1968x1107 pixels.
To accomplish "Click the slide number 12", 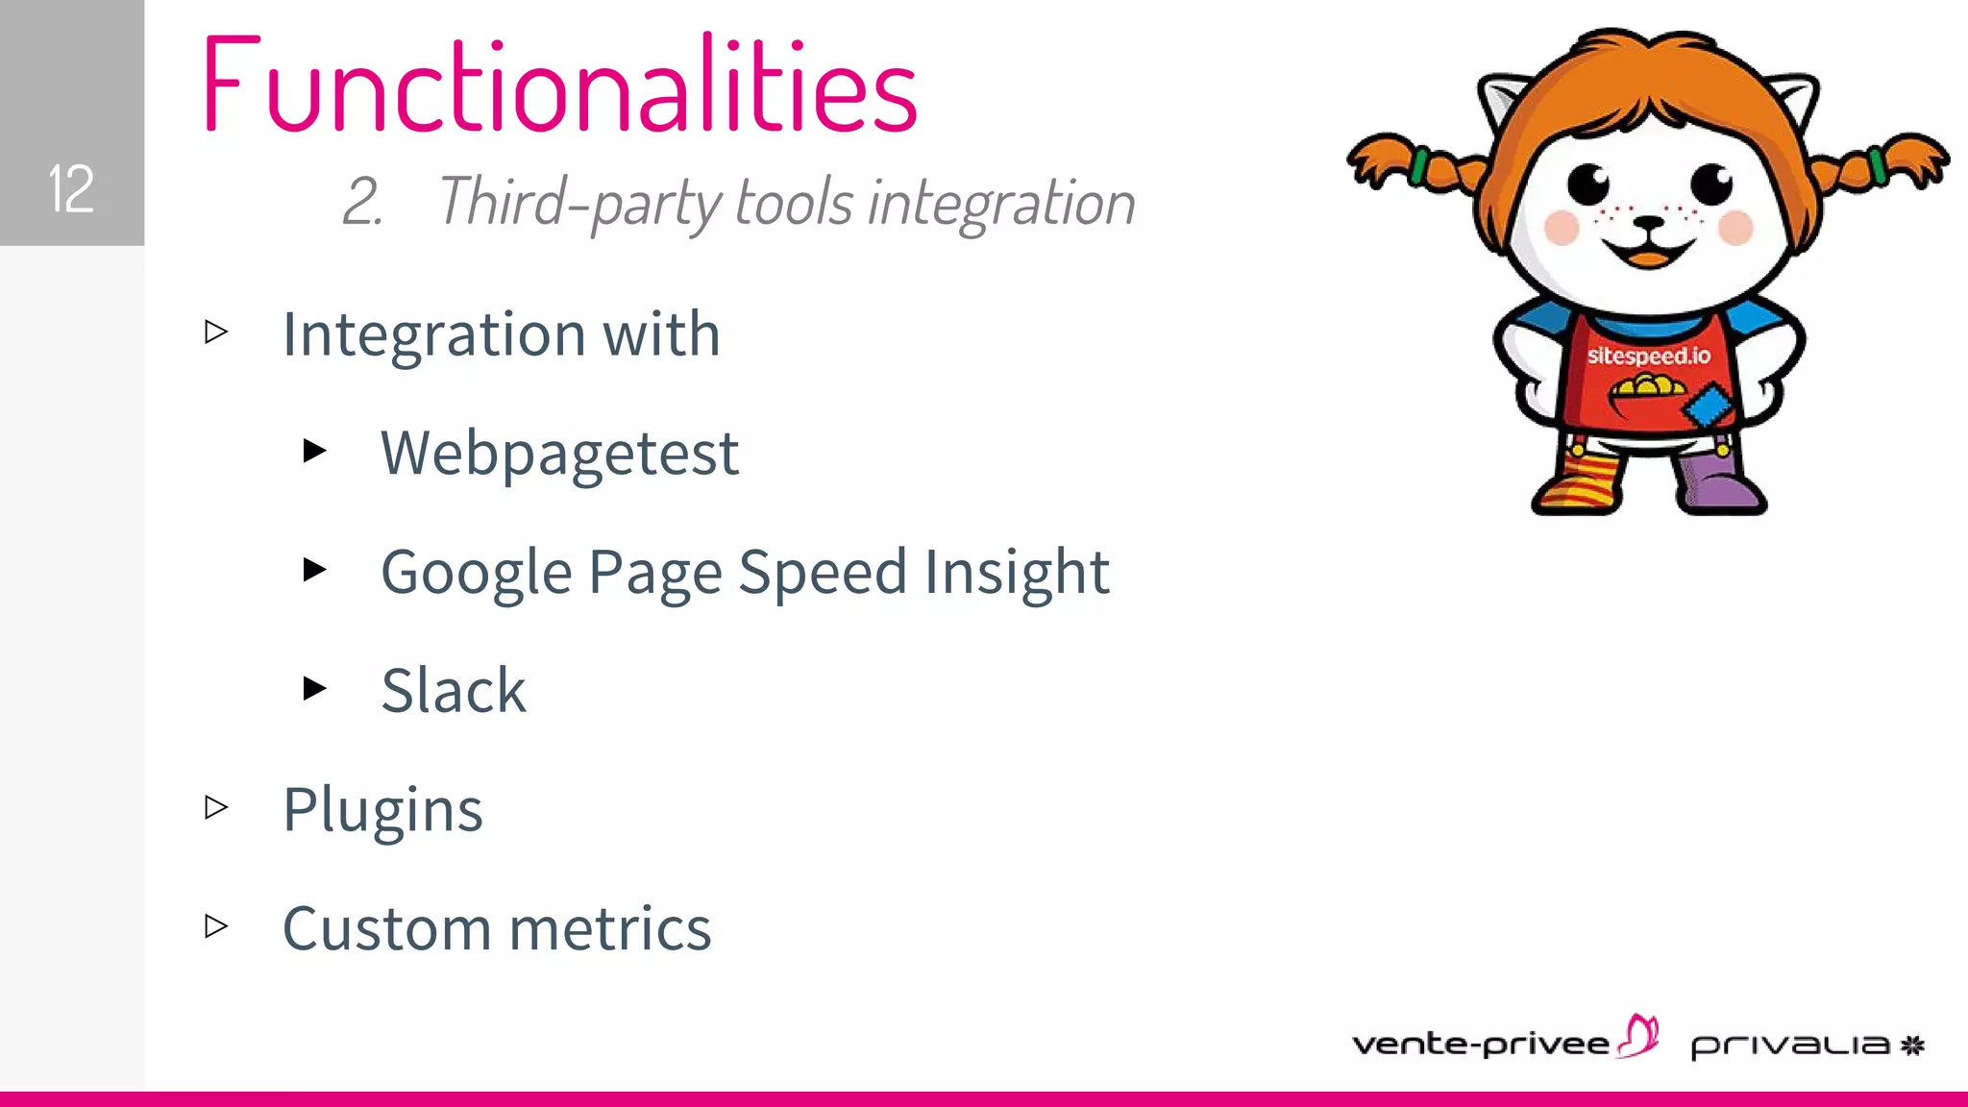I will pyautogui.click(x=71, y=188).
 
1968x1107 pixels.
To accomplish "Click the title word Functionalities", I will pyautogui.click(x=560, y=85).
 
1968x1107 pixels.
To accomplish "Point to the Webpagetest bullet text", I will pyautogui.click(x=559, y=454).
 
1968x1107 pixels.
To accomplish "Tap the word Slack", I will pyautogui.click(x=454, y=690).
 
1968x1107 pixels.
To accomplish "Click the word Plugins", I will pyautogui.click(x=382, y=810).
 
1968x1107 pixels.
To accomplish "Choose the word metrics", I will pyautogui.click(x=610, y=929).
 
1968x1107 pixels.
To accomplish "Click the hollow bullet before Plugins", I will pyautogui.click(x=216, y=807).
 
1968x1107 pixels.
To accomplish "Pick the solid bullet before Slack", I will pyautogui.click(x=314, y=688).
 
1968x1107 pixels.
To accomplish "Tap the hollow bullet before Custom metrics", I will pyautogui.click(x=216, y=925).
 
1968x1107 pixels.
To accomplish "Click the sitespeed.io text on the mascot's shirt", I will pyautogui.click(x=1648, y=356).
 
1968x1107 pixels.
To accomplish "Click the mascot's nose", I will pyautogui.click(x=1649, y=224).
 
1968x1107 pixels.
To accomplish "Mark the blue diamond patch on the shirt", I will pyautogui.click(x=1708, y=406).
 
